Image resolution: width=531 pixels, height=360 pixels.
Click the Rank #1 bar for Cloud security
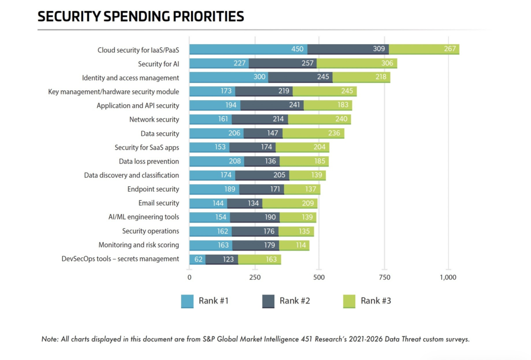click(248, 50)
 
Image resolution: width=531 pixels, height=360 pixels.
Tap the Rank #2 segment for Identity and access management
click(300, 78)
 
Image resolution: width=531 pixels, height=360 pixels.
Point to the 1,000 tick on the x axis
click(448, 278)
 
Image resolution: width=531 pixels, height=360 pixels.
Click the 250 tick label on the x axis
click(254, 278)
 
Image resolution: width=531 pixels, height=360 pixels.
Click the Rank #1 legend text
click(214, 301)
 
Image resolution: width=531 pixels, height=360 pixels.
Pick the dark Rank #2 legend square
click(268, 301)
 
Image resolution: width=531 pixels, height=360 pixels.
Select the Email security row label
click(159, 203)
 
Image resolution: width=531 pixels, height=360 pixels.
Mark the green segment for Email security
click(290, 203)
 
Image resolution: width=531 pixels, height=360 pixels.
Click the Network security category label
click(154, 119)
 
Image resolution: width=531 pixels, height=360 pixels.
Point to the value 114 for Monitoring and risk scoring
click(300, 245)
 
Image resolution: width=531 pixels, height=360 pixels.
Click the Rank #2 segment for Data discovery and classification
click(262, 175)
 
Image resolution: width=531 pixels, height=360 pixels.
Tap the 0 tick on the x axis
click(189, 278)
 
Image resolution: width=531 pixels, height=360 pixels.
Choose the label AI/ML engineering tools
click(144, 217)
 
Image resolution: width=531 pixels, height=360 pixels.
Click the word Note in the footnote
click(50, 339)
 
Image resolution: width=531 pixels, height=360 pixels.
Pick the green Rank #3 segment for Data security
click(313, 133)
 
